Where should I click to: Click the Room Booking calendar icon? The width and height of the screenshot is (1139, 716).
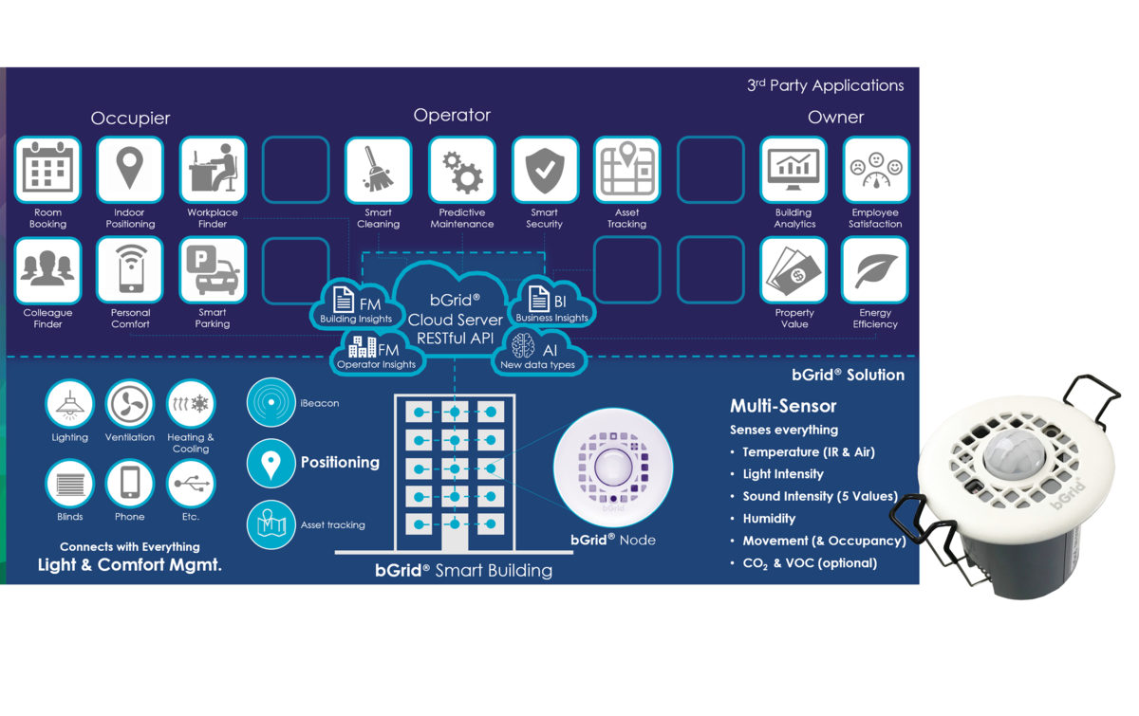47,170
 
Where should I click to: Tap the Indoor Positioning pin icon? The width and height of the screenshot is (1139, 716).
130,170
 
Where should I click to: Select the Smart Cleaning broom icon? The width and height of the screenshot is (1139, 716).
378,170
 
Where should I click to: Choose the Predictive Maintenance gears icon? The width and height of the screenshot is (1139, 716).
461,170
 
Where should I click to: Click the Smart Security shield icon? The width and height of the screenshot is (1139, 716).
545,170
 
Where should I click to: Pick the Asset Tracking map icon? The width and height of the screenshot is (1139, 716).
627,170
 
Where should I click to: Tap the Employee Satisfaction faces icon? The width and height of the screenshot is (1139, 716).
875,170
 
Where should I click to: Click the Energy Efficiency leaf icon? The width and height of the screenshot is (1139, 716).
875,270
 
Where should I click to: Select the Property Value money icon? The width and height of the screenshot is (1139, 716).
794,270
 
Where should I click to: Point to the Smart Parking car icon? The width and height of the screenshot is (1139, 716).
213,270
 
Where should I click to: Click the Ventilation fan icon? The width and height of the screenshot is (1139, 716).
130,404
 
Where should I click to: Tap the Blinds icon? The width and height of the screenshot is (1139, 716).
69,484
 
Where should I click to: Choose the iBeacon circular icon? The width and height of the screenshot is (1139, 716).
271,402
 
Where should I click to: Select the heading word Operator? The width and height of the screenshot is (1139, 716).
452,116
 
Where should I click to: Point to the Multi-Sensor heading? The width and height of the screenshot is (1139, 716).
783,406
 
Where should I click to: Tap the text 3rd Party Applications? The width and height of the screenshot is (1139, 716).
825,85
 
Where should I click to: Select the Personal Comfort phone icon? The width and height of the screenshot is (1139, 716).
130,270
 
